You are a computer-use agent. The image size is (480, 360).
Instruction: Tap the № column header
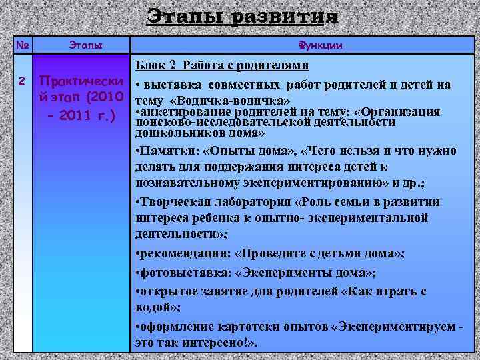pyautogui.click(x=23, y=45)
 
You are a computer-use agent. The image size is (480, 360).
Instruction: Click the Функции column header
pyautogui.click(x=321, y=45)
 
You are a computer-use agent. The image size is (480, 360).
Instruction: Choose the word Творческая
pyautogui.click(x=170, y=202)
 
